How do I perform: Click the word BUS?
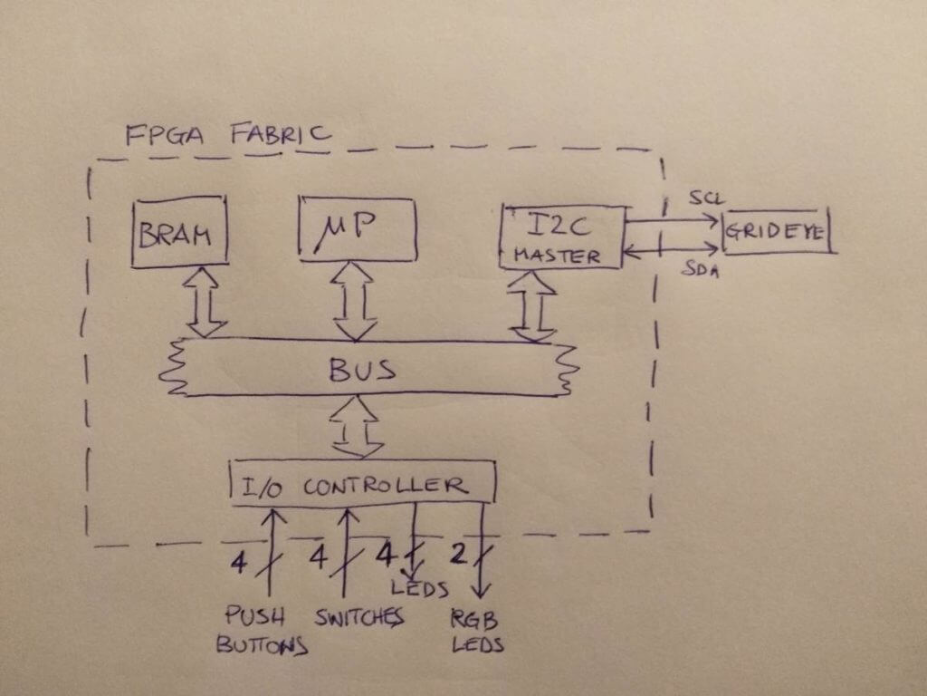pos(362,370)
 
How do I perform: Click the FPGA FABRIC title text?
pos(228,134)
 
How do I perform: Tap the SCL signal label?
pos(706,197)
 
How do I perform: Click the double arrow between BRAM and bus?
pos(205,303)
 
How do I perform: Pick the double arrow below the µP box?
pos(354,302)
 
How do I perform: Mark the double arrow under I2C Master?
pos(532,306)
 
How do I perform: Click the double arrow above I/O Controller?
pos(356,427)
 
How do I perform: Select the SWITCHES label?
pos(358,617)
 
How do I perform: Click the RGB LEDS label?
pos(477,631)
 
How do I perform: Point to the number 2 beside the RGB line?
pos(459,554)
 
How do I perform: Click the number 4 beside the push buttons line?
pos(238,562)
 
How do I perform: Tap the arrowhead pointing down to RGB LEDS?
pos(481,589)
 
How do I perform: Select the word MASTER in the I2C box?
pos(557,256)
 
